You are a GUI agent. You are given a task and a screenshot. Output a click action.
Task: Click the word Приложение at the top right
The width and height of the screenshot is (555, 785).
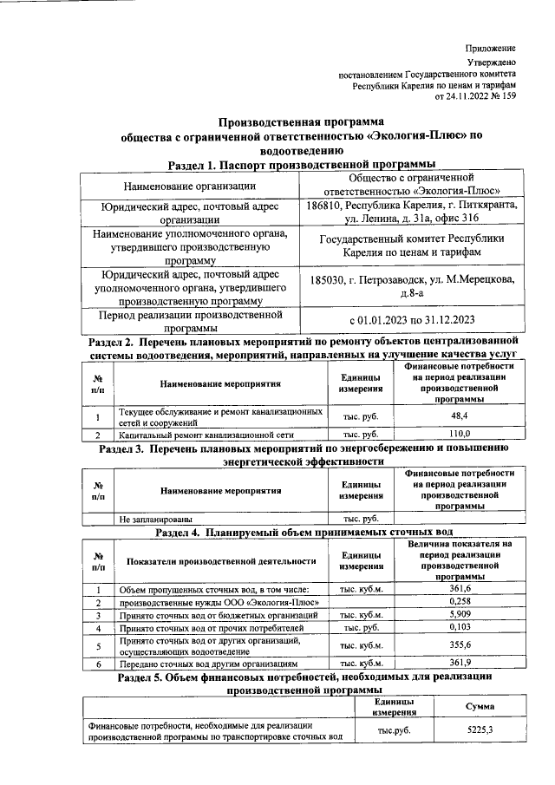pos(491,48)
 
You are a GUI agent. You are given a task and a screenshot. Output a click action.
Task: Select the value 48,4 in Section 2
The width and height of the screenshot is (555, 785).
pos(460,416)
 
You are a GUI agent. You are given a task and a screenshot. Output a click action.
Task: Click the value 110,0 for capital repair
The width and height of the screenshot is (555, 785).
pos(460,433)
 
